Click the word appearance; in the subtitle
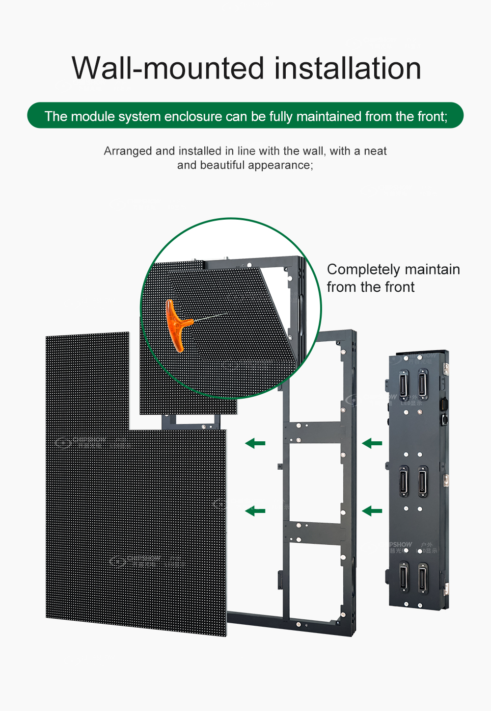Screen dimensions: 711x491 tap(280, 165)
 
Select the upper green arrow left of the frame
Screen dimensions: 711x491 tap(255, 444)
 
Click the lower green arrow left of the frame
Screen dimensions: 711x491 tap(255, 511)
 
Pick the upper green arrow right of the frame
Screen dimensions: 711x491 tap(372, 444)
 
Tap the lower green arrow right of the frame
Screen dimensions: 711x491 tap(372, 511)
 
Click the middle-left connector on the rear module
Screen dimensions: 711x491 tap(404, 481)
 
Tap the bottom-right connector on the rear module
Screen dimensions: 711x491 tap(422, 578)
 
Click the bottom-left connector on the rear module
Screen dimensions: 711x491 tap(404, 578)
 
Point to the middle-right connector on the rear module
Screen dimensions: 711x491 tap(422, 481)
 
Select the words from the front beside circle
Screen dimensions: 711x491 tap(371, 287)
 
